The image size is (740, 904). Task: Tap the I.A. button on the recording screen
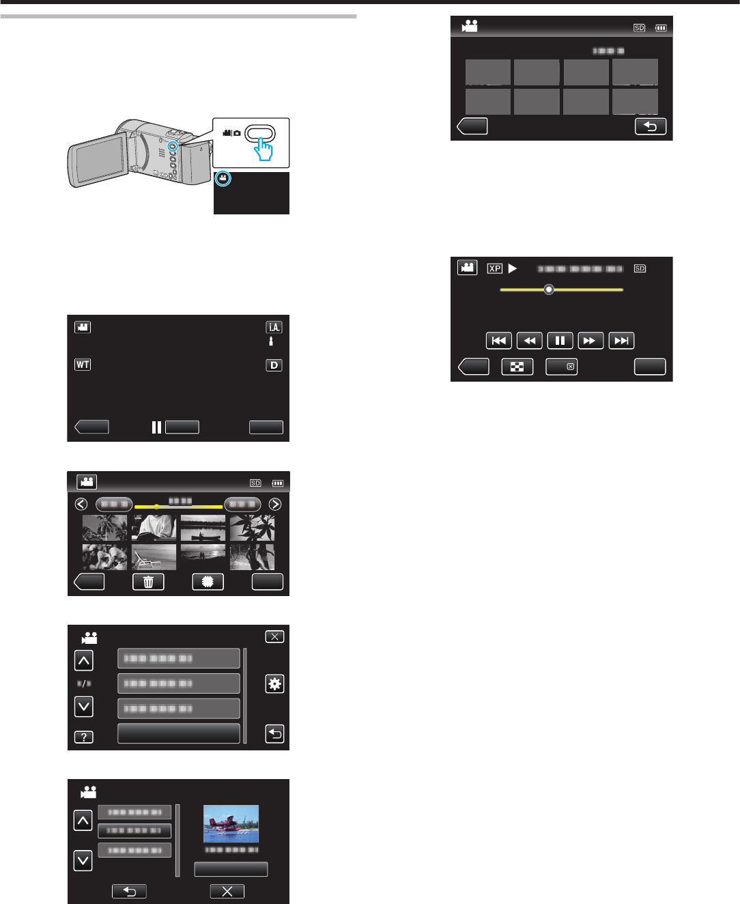click(x=274, y=327)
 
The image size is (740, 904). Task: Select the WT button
click(x=83, y=365)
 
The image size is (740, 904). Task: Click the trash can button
click(x=148, y=582)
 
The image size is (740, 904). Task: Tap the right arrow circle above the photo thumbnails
click(x=275, y=505)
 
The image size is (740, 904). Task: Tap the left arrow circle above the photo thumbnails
click(x=81, y=505)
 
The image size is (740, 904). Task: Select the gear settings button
click(x=274, y=684)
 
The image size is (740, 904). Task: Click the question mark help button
click(x=83, y=737)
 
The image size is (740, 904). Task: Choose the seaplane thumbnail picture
click(x=231, y=823)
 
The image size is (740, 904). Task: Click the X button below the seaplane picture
click(x=227, y=891)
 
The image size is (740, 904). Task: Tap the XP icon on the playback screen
click(x=495, y=268)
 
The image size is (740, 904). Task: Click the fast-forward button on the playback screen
click(x=590, y=341)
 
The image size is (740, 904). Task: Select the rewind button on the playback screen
click(x=529, y=341)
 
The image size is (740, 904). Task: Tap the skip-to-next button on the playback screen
click(x=621, y=341)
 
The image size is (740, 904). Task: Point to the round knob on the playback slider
click(x=549, y=289)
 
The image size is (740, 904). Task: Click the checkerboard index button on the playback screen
click(x=517, y=367)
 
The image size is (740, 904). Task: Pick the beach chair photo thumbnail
click(x=154, y=557)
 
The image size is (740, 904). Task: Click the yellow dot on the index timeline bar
click(x=156, y=507)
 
